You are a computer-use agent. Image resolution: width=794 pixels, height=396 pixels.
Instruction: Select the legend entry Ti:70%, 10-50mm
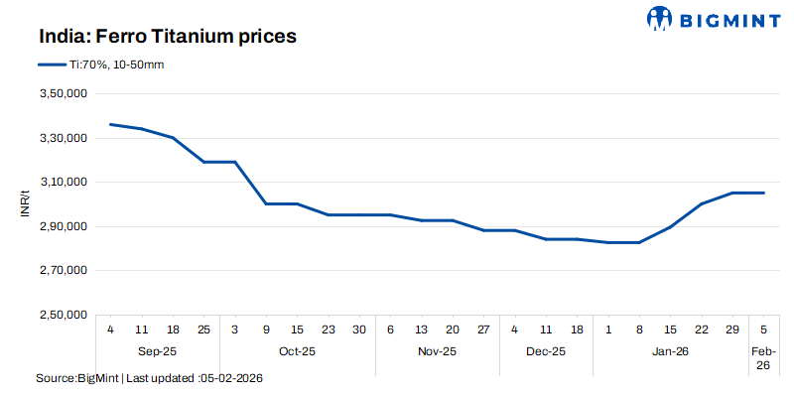(104, 65)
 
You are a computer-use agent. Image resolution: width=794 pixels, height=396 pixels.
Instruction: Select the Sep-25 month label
(157, 351)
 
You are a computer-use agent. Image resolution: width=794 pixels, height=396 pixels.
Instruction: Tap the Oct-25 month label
(297, 351)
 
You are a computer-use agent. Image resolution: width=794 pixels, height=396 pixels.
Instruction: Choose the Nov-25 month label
(437, 351)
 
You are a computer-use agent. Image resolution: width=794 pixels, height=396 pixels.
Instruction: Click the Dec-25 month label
(546, 351)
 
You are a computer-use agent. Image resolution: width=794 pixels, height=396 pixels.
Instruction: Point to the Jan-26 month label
(670, 351)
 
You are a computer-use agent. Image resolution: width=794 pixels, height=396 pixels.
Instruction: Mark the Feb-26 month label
(763, 358)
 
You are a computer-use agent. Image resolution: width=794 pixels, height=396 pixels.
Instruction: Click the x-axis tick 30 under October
(359, 330)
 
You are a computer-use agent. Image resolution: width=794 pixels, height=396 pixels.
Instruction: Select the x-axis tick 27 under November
(483, 330)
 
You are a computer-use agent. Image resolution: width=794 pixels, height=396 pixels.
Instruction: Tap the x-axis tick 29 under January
(732, 330)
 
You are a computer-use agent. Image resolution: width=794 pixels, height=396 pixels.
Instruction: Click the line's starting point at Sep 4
(110, 124)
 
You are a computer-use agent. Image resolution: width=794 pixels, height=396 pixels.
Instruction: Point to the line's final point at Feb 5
(763, 193)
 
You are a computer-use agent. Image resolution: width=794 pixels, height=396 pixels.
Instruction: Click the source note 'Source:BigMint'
(76, 379)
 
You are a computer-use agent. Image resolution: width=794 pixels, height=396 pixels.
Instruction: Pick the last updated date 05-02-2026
(231, 379)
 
